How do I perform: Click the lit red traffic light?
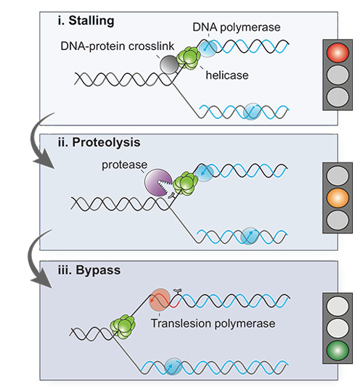pos(337,53)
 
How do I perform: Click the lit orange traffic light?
pos(337,198)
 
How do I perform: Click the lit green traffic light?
pos(337,350)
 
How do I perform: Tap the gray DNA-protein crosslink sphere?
pos(170,65)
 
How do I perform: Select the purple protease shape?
pos(157,183)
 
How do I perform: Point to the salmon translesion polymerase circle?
pos(160,299)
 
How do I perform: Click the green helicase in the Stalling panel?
pos(189,58)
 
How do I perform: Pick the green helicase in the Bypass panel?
pos(123,327)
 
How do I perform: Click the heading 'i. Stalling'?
pos(86,20)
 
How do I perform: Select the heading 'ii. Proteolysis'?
pos(99,142)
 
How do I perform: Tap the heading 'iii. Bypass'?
pos(89,270)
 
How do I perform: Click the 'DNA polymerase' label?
pos(237,28)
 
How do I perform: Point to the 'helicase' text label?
pos(227,75)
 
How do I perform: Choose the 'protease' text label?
pos(125,165)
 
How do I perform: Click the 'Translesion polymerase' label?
pos(213,323)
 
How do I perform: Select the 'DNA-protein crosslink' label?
pos(118,46)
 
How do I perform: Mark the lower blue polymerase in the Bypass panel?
pos(173,366)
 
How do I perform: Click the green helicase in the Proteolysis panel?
pos(186,183)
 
